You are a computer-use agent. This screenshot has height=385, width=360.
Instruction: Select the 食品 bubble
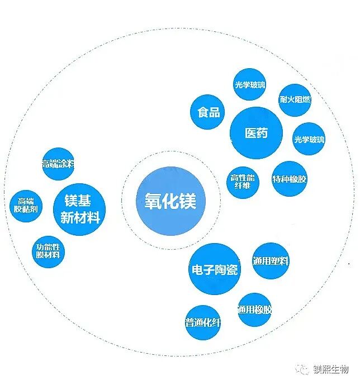[x=208, y=112]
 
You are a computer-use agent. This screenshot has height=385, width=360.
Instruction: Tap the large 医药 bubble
[x=256, y=133]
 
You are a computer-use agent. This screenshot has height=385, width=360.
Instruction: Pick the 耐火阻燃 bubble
[x=295, y=99]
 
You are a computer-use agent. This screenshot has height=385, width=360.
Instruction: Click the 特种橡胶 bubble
[x=289, y=179]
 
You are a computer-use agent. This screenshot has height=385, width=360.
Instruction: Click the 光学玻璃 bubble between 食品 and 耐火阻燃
[x=250, y=85]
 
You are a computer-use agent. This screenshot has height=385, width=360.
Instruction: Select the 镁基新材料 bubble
[x=79, y=208]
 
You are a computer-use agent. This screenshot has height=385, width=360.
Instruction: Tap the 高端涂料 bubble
[x=58, y=164]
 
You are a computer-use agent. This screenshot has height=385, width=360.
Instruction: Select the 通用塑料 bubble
[x=271, y=260]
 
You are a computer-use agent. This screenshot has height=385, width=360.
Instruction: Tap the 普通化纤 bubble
[x=202, y=322]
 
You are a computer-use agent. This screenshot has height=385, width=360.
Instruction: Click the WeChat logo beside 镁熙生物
[x=302, y=370]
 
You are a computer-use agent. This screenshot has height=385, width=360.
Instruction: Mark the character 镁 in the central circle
[x=187, y=201]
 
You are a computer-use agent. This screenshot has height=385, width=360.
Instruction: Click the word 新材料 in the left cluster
[x=79, y=217]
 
